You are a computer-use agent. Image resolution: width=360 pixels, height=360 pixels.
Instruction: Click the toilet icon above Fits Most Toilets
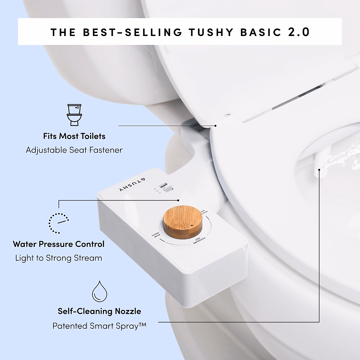tap(74, 115)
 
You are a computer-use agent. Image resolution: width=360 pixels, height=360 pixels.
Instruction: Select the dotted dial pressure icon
tap(59, 223)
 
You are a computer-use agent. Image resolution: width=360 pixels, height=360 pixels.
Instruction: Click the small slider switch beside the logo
tap(164, 188)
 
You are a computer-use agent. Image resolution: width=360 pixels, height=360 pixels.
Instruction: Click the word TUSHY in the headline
tap(211, 32)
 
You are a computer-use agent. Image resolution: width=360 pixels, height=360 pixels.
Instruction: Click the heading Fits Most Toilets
tap(74, 136)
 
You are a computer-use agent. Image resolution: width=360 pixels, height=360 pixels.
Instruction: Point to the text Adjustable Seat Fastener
tap(74, 150)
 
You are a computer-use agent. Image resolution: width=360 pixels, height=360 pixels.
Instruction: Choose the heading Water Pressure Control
tap(59, 244)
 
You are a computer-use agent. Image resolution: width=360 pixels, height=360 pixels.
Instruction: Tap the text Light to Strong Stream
tap(59, 258)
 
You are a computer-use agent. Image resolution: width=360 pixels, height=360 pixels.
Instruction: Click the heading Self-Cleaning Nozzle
tap(99, 311)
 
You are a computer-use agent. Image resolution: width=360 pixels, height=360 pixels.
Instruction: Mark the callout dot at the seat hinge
tap(215, 126)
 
